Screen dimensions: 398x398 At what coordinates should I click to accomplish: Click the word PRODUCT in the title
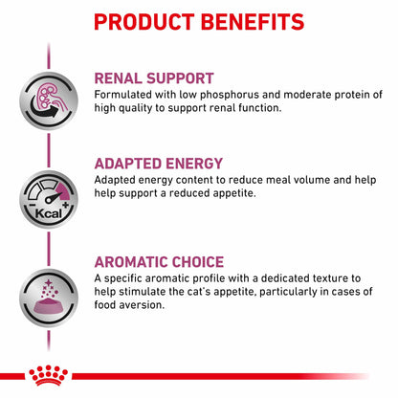point(141,22)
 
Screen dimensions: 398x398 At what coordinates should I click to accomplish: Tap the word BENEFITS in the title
point(257,22)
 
